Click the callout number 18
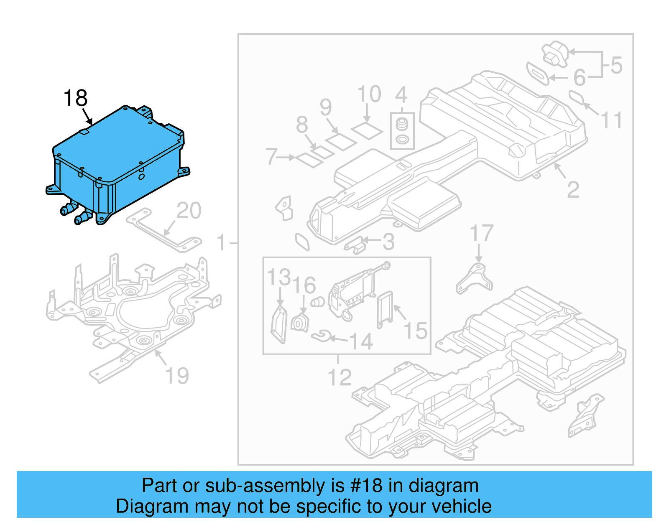(75, 99)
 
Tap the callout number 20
(189, 211)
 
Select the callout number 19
(177, 376)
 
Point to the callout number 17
(482, 233)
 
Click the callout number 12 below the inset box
(340, 378)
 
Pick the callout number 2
(573, 190)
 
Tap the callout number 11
(611, 120)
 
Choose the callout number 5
(616, 66)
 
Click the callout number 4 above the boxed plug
(401, 95)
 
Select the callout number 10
(369, 94)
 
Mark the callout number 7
(271, 157)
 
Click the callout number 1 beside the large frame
(222, 243)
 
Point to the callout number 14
(361, 341)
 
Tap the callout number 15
(415, 331)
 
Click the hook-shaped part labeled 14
(321, 336)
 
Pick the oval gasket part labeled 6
(537, 73)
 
